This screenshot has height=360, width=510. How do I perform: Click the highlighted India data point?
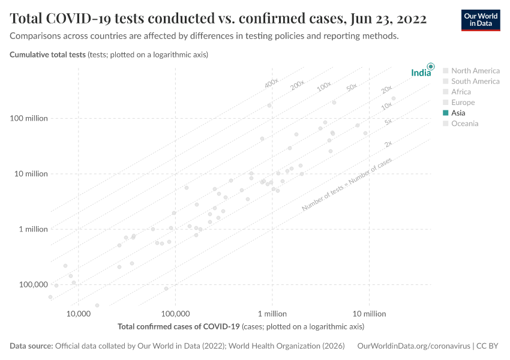430,66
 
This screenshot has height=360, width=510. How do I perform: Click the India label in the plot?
421,73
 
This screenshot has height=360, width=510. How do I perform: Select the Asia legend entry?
458,113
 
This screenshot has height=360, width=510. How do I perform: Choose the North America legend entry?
475,70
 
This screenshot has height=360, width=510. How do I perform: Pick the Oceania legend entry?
464,124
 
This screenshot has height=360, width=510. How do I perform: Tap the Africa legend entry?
461,92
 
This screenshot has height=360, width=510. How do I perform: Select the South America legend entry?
475,81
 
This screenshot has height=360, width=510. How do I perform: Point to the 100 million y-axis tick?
29,118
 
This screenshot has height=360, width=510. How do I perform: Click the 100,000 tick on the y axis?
33,284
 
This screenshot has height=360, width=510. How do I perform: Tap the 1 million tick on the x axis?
272,314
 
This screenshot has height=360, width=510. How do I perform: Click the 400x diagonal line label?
271,83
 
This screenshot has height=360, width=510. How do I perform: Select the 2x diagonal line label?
388,144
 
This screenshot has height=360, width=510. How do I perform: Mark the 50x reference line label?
352,88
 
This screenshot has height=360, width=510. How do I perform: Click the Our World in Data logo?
481,20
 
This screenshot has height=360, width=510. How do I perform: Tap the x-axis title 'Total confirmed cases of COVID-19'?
179,327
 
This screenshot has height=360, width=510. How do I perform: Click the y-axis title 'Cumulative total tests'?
48,55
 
